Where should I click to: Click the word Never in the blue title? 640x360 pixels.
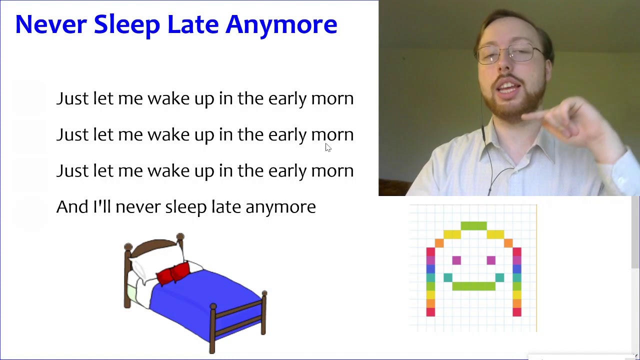(x=51, y=24)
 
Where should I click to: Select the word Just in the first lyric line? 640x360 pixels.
(x=72, y=98)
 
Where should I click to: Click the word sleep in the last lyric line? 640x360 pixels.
(x=186, y=207)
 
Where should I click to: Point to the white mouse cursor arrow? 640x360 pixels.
(x=328, y=147)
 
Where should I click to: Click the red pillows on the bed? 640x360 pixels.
(x=173, y=272)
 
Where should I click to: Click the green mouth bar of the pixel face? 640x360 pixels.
(x=473, y=286)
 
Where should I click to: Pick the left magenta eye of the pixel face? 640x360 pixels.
(x=456, y=260)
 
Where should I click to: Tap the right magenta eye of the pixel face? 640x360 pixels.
(x=491, y=260)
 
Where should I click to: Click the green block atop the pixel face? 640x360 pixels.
(x=473, y=225)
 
